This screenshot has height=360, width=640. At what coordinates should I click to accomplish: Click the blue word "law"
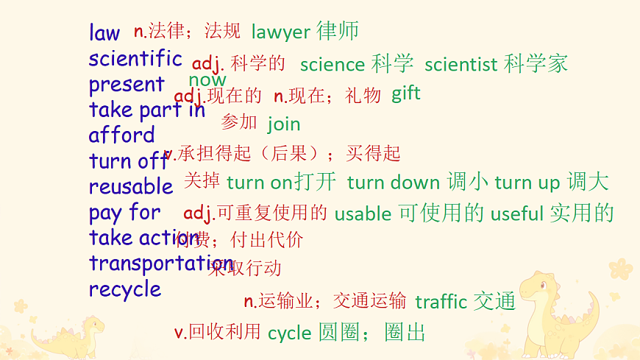click(104, 33)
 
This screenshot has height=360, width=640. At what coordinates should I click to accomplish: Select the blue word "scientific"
click(135, 59)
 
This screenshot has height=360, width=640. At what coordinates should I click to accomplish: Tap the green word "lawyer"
click(281, 32)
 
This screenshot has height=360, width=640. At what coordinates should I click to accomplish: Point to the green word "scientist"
click(461, 65)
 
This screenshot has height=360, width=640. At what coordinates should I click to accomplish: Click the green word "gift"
click(406, 93)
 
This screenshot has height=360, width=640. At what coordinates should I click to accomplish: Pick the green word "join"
click(284, 124)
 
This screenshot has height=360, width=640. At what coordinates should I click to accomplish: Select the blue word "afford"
click(122, 135)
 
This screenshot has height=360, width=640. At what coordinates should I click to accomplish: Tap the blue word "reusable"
click(131, 187)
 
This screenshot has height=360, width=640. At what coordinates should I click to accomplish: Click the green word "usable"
click(363, 214)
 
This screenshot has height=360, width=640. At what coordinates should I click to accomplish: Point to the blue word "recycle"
click(125, 289)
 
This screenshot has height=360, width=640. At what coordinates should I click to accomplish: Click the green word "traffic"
click(441, 302)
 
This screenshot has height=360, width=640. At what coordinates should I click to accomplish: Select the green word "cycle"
click(290, 333)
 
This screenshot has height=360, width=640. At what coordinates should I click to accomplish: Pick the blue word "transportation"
click(161, 264)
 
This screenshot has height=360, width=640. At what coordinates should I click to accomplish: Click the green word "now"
click(207, 80)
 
